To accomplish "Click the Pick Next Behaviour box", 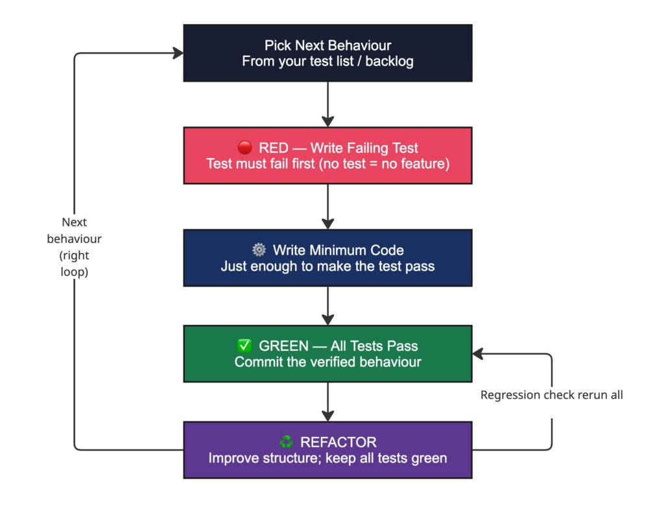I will [x=327, y=53].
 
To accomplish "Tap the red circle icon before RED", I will [x=244, y=148].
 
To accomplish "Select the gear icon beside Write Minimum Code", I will [x=259, y=250].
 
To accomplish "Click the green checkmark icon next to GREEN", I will [x=245, y=346].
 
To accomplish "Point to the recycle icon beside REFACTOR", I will [x=286, y=442].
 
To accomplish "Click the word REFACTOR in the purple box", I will [x=338, y=442].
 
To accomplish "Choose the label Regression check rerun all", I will [x=551, y=395].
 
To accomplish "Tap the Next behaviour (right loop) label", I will [x=75, y=247].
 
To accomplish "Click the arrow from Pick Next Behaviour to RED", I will [x=327, y=104].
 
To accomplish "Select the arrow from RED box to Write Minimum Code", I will [x=327, y=206].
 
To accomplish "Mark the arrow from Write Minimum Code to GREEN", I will [x=327, y=305].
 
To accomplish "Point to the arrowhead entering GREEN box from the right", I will [x=478, y=353].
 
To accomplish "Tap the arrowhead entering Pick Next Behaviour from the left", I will [x=178, y=54].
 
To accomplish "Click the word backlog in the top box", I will [x=390, y=62].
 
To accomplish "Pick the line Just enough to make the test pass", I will [x=327, y=266].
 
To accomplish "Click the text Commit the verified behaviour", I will [x=327, y=362].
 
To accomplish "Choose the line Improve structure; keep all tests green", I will [x=327, y=458].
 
